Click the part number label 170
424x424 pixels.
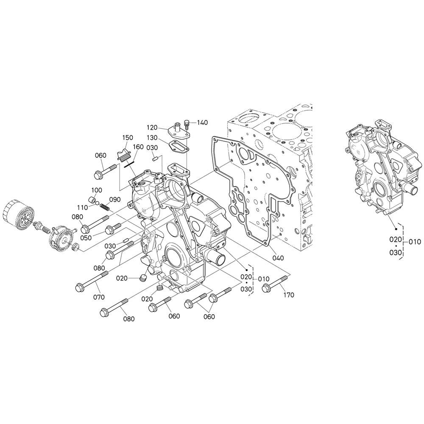[x=288, y=295]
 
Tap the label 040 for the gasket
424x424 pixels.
[x=278, y=258]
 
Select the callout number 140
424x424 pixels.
[x=202, y=123]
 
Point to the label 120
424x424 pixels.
[x=152, y=127]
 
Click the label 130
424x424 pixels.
[x=152, y=138]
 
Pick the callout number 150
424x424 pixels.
[x=127, y=137]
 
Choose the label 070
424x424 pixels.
[x=99, y=297]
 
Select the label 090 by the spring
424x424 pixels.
[x=115, y=200]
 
